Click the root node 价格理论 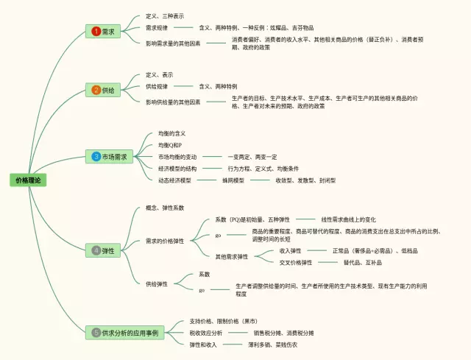pos(29,180)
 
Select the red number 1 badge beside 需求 pos(96,32)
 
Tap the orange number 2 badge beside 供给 pos(96,90)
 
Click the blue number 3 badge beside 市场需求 pos(96,156)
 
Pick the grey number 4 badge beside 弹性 pos(96,250)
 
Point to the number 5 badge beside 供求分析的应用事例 pos(96,333)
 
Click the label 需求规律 pos(156,27)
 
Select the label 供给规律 pos(156,86)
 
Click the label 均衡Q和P pos(170,145)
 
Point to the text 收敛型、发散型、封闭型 pos(305,180)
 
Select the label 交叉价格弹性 pos(296,262)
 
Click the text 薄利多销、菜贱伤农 pos(276,345)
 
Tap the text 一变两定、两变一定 pos(252,157)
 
